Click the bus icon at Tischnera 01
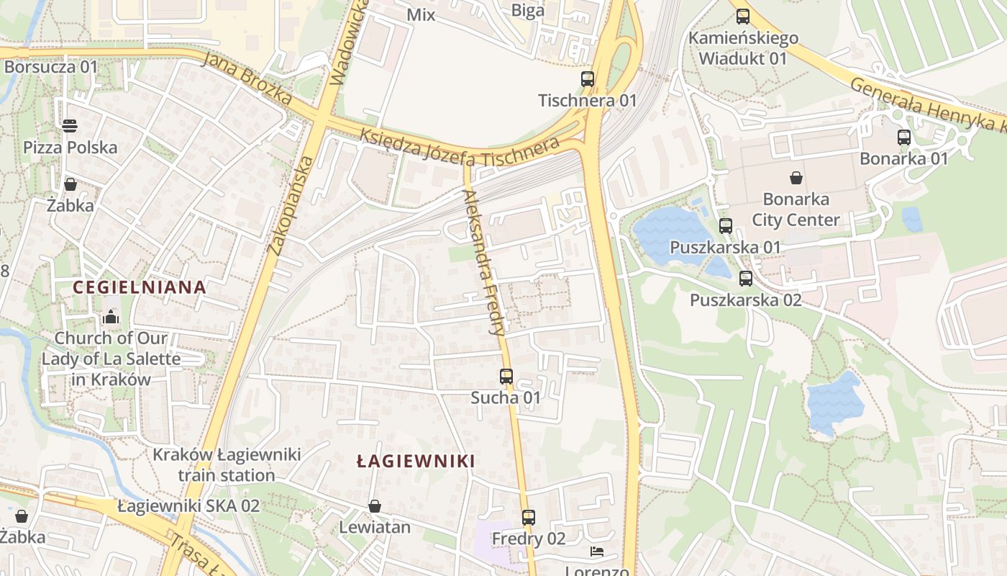click(x=588, y=79)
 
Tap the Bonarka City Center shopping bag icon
click(x=796, y=177)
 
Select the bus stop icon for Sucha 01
click(x=506, y=376)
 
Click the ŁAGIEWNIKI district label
click(x=416, y=462)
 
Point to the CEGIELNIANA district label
click(x=140, y=288)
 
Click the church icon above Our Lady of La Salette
click(x=111, y=317)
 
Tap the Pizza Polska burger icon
click(x=70, y=126)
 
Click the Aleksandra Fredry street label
click(x=483, y=263)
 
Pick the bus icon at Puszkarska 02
click(x=746, y=278)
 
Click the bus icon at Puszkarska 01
click(x=725, y=225)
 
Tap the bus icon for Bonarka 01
click(x=904, y=137)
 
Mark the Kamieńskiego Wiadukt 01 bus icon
click(x=743, y=16)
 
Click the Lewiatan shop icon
click(x=374, y=506)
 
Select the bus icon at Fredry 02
click(x=529, y=517)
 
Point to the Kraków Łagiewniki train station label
click(x=227, y=465)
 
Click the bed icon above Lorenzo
click(x=597, y=552)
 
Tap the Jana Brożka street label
click(x=247, y=78)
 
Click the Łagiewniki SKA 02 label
click(x=188, y=506)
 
